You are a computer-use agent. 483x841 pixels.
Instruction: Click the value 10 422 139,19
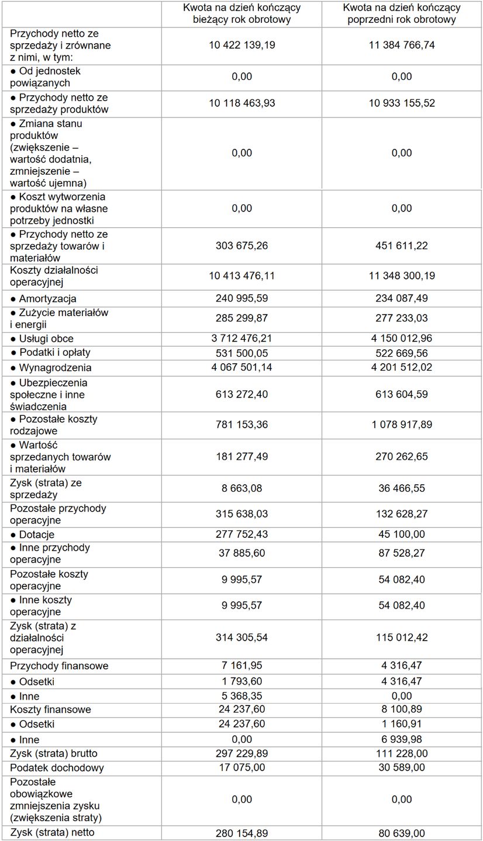[241, 45]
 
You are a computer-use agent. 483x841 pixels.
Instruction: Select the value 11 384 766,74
[402, 45]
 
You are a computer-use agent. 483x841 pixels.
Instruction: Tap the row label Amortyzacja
[47, 299]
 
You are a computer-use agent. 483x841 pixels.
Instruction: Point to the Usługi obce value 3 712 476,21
[241, 339]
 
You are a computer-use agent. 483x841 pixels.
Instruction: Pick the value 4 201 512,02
[402, 368]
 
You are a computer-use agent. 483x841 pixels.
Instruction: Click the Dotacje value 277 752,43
[241, 534]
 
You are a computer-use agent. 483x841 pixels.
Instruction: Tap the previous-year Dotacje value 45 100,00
[402, 534]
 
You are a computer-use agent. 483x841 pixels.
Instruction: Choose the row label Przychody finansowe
[59, 666]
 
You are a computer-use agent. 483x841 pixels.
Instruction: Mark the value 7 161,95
[241, 666]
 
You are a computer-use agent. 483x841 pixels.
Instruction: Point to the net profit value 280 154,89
[241, 833]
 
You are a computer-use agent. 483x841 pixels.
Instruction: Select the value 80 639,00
[402, 833]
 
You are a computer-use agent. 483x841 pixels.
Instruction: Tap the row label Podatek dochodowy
[57, 767]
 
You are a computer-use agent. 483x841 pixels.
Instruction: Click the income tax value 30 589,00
[402, 767]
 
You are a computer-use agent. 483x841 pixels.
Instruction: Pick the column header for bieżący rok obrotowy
[241, 13]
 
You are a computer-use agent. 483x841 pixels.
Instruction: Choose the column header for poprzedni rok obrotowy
[402, 13]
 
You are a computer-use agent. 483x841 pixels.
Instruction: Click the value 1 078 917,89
[402, 425]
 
